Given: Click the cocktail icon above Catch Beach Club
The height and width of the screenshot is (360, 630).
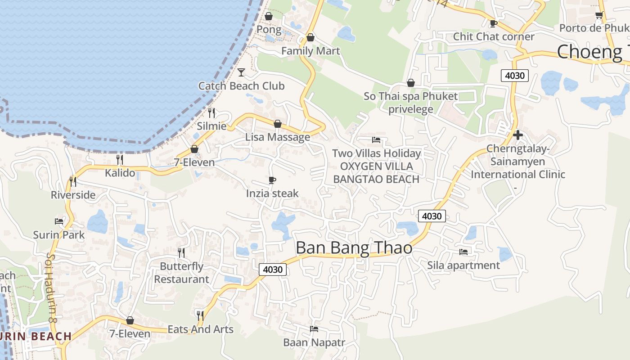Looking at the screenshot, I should pyautogui.click(x=241, y=72).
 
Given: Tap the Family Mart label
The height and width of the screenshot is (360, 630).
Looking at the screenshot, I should pyautogui.click(x=310, y=51).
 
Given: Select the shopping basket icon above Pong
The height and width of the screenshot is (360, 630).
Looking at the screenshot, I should pyautogui.click(x=269, y=16).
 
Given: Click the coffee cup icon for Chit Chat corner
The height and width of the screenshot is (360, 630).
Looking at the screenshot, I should pyautogui.click(x=493, y=23).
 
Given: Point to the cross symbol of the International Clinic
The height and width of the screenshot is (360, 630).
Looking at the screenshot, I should pyautogui.click(x=517, y=135).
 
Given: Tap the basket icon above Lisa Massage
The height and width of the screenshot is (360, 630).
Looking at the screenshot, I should pyautogui.click(x=278, y=124).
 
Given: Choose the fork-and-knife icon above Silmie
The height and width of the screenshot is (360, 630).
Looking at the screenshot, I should pyautogui.click(x=211, y=112).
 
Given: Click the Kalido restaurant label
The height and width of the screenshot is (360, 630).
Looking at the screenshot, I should pyautogui.click(x=120, y=173).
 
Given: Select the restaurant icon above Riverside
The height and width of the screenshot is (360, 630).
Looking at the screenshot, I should pyautogui.click(x=73, y=181).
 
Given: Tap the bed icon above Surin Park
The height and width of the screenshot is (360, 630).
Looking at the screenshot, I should pyautogui.click(x=59, y=221).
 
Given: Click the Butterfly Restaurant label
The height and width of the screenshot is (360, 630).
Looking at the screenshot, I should pyautogui.click(x=182, y=273).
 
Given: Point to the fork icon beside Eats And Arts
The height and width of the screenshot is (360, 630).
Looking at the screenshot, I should pyautogui.click(x=200, y=315).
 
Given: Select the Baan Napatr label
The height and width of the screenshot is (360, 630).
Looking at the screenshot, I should pyautogui.click(x=314, y=342).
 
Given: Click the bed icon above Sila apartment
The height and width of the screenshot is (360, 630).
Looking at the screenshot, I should pyautogui.click(x=463, y=252).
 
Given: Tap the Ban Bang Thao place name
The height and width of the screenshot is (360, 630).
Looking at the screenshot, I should pyautogui.click(x=354, y=248).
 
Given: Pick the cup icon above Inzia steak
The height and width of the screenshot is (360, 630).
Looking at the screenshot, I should pyautogui.click(x=272, y=180).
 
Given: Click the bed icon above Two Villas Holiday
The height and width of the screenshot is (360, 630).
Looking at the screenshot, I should pyautogui.click(x=376, y=140).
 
